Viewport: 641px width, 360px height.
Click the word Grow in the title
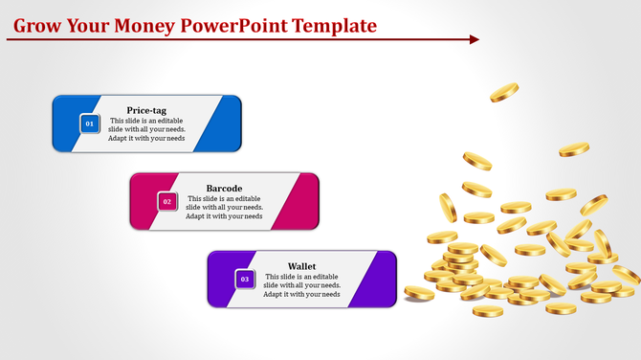(x=38, y=25)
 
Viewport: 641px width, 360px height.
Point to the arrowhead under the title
(x=474, y=39)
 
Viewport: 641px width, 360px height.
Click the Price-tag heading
(x=146, y=110)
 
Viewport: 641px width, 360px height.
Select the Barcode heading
(x=224, y=188)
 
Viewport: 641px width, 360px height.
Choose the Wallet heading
(x=302, y=266)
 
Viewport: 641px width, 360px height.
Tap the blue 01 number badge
(x=89, y=124)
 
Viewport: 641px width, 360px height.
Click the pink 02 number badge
(x=166, y=202)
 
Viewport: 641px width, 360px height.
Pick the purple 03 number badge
(x=245, y=280)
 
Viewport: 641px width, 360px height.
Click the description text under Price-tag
(x=146, y=129)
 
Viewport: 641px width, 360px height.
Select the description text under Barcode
(x=224, y=208)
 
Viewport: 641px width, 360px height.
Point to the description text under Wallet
(x=302, y=285)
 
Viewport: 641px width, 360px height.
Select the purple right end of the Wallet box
(x=379, y=279)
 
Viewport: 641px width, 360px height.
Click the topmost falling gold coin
(x=504, y=93)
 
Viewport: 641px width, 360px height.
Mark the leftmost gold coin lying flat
(x=418, y=292)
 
